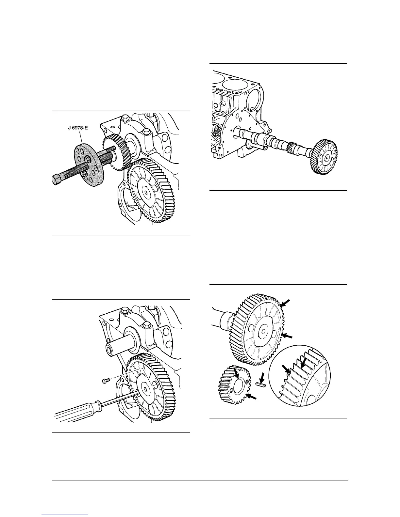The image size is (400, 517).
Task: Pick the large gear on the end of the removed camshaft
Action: [325, 158]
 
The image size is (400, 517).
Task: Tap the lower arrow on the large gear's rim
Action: [286, 336]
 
